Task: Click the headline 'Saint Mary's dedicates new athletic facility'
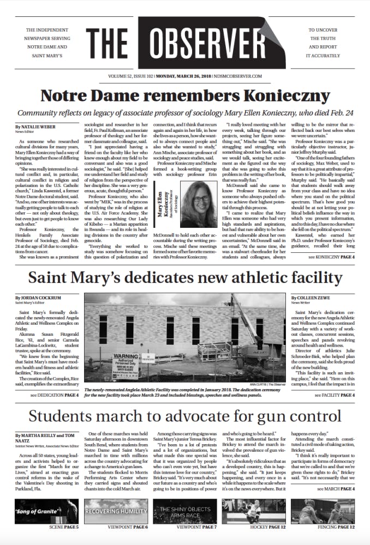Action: click(185, 277)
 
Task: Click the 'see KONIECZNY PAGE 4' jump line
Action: click(331, 257)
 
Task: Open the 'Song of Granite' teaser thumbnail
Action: click(47, 511)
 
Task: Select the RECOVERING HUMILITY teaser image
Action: click(116, 511)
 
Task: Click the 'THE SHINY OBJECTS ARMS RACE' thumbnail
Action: click(185, 511)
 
